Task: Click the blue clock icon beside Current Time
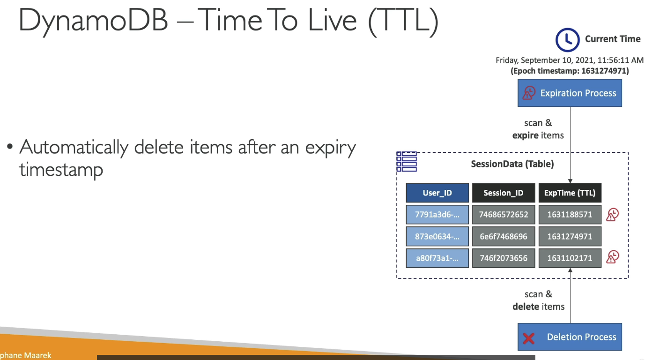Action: [567, 40]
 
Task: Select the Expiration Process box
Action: [570, 93]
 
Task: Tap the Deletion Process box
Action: [570, 337]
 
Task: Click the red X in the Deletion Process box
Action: [528, 338]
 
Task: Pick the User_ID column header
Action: [437, 193]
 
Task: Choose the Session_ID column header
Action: [504, 193]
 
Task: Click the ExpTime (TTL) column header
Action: [570, 193]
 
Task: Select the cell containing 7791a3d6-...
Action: [437, 215]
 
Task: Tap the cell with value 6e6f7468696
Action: [504, 237]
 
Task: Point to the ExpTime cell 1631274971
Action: [570, 237]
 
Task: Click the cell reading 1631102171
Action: [570, 258]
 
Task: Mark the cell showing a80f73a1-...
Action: [437, 258]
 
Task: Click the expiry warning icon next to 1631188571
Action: [612, 215]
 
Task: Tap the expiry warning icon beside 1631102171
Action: [612, 257]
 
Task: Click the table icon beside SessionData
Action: [407, 161]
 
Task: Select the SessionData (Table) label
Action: [512, 164]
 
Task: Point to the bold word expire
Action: [526, 135]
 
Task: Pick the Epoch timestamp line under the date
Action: [570, 71]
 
